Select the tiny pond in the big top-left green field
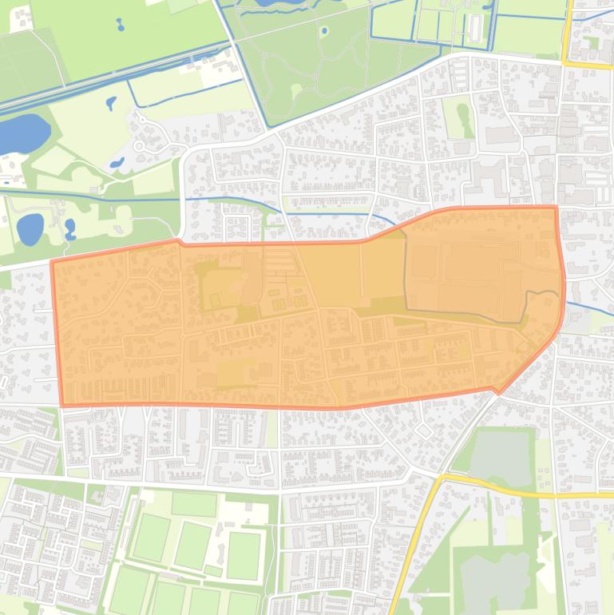(120, 24)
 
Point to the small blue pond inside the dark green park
(324, 32)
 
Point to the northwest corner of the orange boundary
(53, 261)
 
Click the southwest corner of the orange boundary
(62, 404)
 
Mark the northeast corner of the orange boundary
(556, 208)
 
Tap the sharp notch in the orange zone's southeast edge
(499, 392)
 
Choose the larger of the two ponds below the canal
(30, 229)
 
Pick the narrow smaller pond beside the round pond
(70, 230)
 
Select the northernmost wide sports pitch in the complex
(194, 503)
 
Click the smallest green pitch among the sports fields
(213, 570)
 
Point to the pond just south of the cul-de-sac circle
(117, 162)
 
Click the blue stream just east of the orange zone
(587, 307)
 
